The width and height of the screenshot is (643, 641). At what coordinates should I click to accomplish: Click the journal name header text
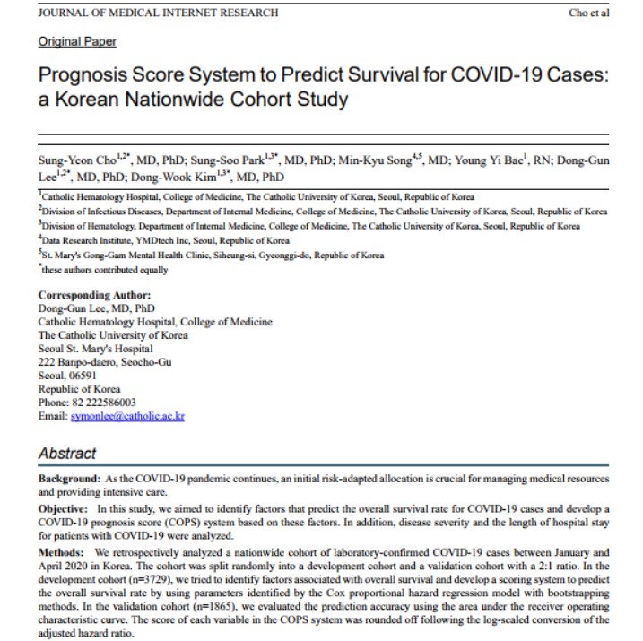coord(158,13)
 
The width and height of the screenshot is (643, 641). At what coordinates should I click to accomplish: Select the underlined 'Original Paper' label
coord(77,41)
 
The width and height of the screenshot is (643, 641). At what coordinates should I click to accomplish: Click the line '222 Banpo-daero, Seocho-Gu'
coord(105,362)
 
